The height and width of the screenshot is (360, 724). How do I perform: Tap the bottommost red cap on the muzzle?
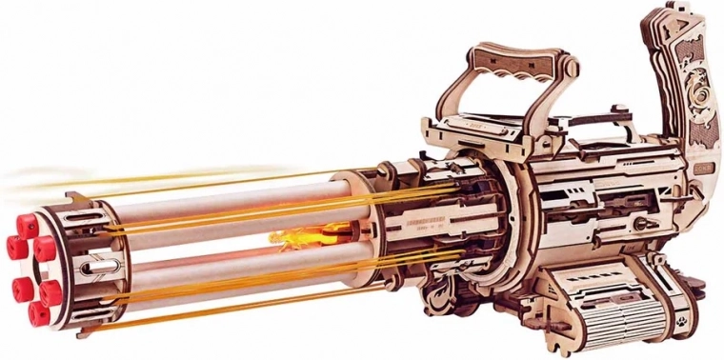[39, 313]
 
